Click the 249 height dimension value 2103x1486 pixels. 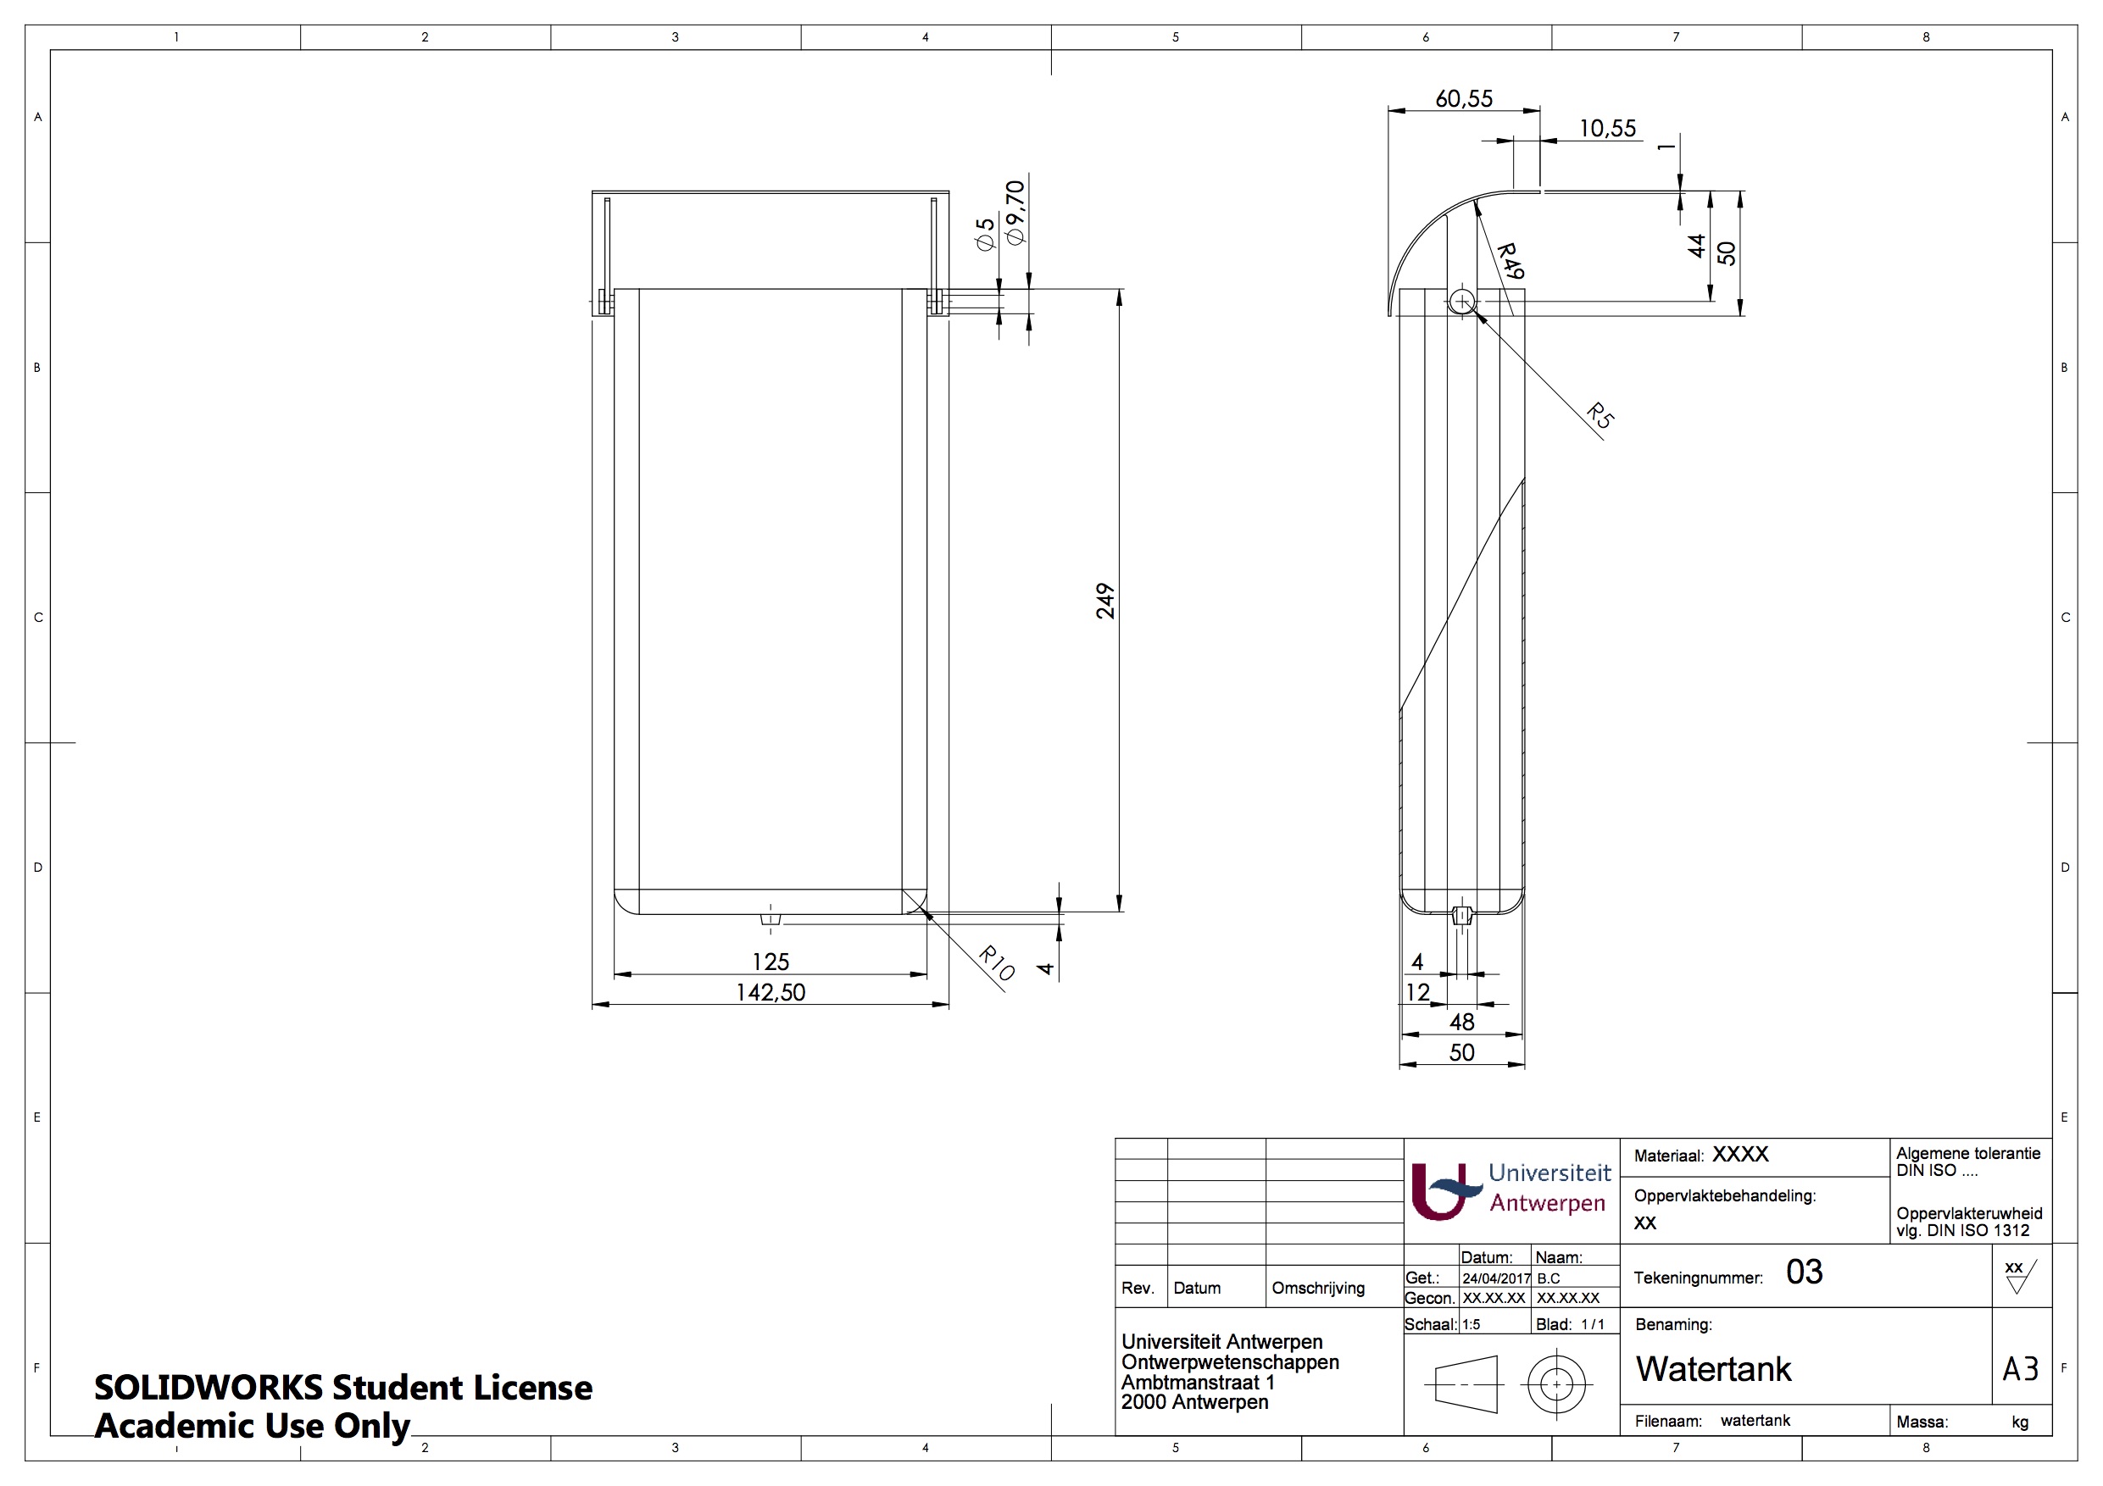click(1105, 602)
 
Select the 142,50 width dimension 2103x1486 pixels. click(771, 992)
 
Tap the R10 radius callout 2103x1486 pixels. click(997, 963)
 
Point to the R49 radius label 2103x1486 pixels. click(1510, 262)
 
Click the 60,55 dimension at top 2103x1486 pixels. click(1464, 99)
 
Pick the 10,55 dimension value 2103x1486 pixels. click(1607, 128)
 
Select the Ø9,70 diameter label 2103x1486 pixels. click(1015, 213)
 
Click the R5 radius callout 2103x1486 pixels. click(1600, 416)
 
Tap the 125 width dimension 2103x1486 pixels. click(771, 962)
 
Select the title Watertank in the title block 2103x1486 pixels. click(1713, 1370)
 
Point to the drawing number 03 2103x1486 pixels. click(1805, 1272)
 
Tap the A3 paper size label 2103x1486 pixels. click(2021, 1370)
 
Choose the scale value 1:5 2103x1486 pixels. click(1471, 1325)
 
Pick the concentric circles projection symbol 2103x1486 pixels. click(1556, 1384)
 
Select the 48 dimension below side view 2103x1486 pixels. click(1462, 1022)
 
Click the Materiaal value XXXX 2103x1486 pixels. click(1740, 1155)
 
